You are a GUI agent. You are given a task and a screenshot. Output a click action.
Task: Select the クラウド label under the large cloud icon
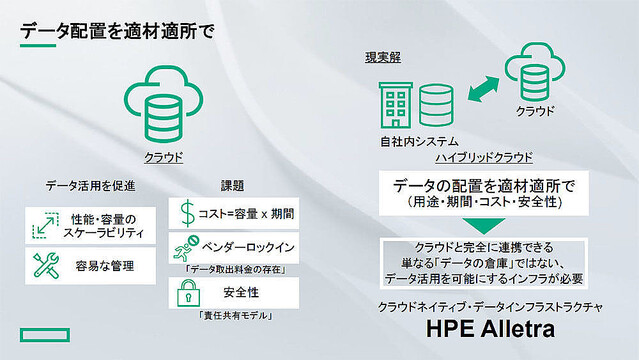tap(162, 157)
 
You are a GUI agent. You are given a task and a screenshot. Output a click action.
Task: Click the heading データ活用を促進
tap(90, 186)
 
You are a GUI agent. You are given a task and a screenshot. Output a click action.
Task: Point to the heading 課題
tap(232, 186)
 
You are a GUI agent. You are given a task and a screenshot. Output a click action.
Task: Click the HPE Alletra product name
tap(489, 330)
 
